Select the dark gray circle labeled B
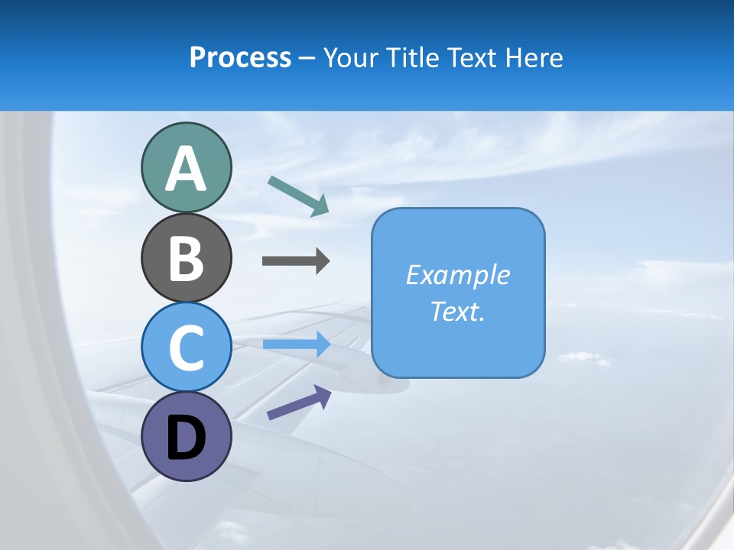pyautogui.click(x=186, y=257)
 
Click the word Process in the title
pyautogui.click(x=240, y=57)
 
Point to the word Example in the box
pyautogui.click(x=457, y=275)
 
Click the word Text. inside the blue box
pyautogui.click(x=457, y=312)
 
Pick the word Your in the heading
pyautogui.click(x=349, y=57)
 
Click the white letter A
pyautogui.click(x=186, y=170)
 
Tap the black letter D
pyautogui.click(x=186, y=439)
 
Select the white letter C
pyautogui.click(x=186, y=348)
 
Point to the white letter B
pyautogui.click(x=186, y=258)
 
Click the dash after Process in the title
pyautogui.click(x=307, y=58)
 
